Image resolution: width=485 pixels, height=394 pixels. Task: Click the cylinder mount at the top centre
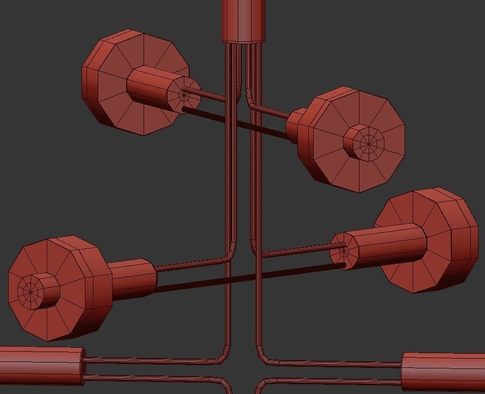[x=243, y=21]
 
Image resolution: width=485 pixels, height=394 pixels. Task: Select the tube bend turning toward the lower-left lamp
[x=229, y=255]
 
